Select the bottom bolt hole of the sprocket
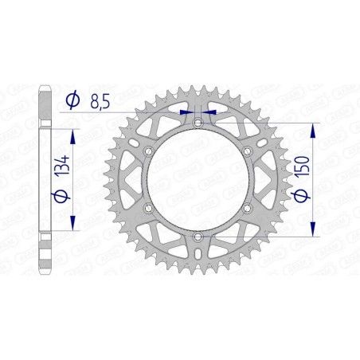[x=198, y=237]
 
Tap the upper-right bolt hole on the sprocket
[x=248, y=151]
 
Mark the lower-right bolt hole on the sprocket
[x=248, y=208]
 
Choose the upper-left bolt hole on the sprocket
[x=147, y=151]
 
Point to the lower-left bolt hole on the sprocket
[x=147, y=208]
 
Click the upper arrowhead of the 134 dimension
[x=74, y=129]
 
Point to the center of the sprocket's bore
[x=198, y=179]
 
